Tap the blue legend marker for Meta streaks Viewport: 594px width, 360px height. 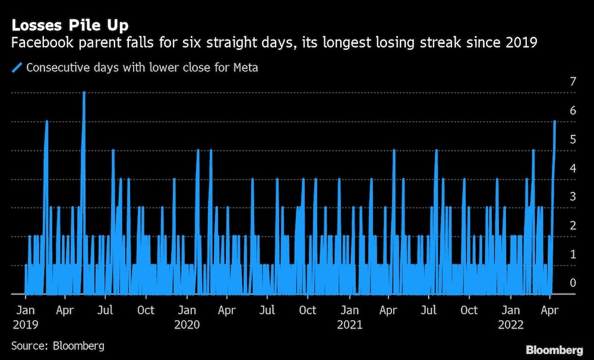tap(17, 68)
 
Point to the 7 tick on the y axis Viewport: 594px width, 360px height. tap(573, 81)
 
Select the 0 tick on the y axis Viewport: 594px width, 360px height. tap(573, 283)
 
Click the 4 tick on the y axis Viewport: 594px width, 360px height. tap(573, 168)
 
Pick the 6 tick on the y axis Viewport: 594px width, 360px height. tap(573, 110)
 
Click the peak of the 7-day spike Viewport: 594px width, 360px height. tap(84, 93)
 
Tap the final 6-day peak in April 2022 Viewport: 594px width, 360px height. tap(554, 121)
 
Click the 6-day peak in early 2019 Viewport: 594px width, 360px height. tap(46, 121)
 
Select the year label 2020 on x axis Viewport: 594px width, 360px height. tap(187, 325)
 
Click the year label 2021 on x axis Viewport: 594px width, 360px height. tap(349, 325)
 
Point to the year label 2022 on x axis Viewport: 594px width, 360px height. tap(511, 325)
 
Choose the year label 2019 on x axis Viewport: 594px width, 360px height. tap(25, 325)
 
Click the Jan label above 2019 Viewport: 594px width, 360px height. tap(25, 310)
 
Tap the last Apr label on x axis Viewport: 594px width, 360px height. tap(551, 310)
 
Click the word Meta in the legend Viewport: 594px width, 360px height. tap(245, 68)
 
